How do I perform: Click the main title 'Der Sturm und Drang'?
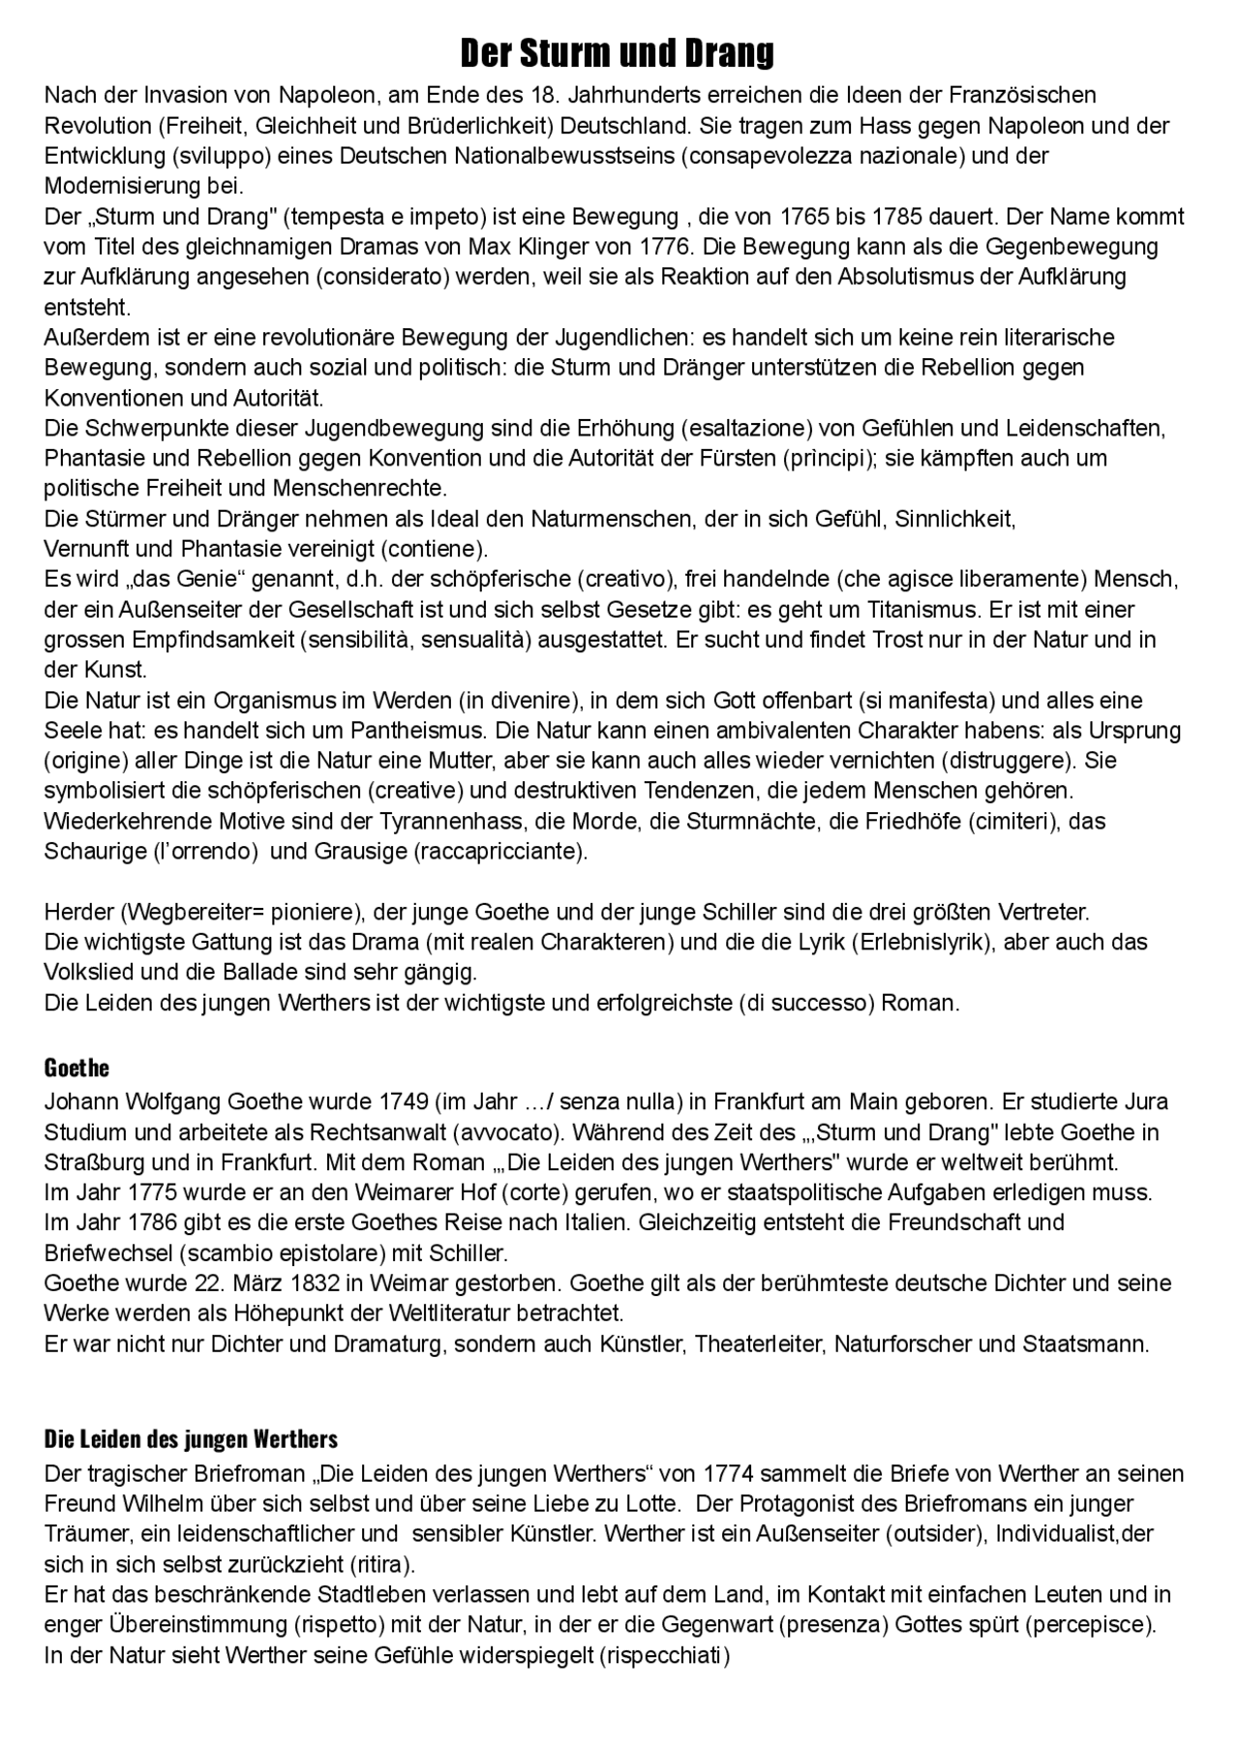[617, 53]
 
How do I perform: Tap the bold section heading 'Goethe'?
[76, 1068]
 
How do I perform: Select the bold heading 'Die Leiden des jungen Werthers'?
[191, 1438]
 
